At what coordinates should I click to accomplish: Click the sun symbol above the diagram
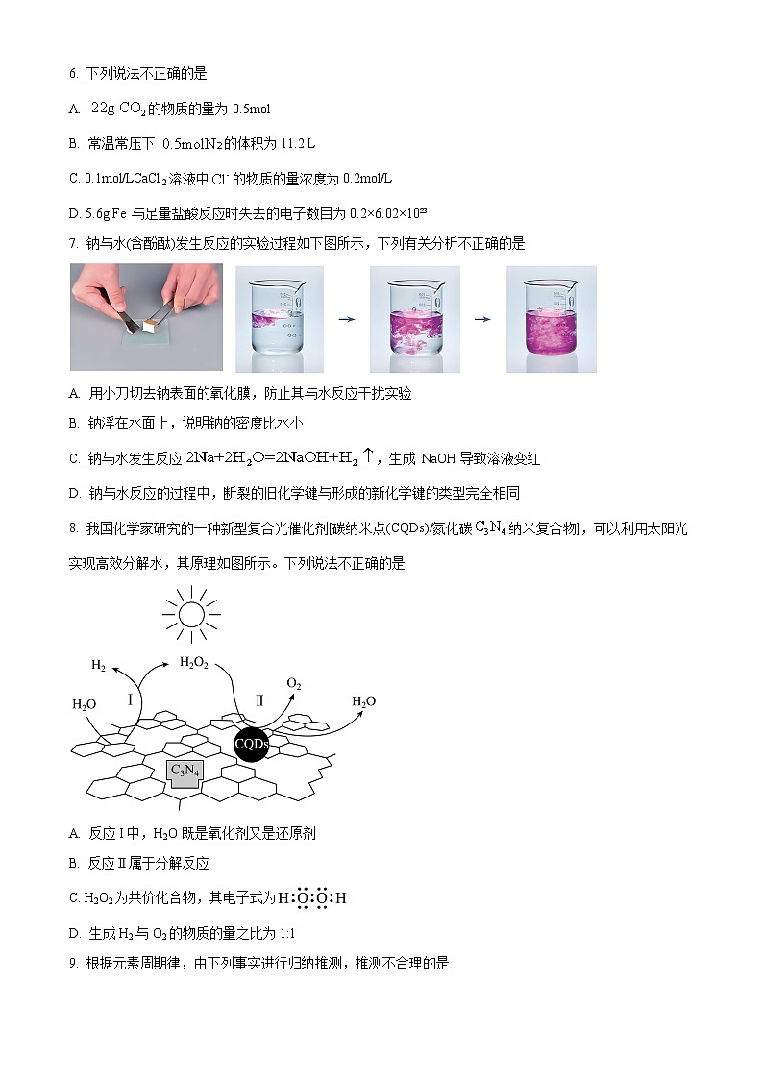(191, 612)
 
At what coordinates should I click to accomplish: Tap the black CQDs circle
(251, 744)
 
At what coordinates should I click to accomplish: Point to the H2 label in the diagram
(98, 665)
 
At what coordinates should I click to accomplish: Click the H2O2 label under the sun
(194, 662)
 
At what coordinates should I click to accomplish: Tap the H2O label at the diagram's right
(363, 701)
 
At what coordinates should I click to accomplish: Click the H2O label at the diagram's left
(85, 704)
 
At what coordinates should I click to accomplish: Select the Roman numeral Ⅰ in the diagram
(130, 700)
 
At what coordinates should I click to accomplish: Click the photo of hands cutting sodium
(146, 318)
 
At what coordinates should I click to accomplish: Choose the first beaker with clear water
(280, 319)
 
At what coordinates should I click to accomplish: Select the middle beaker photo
(414, 319)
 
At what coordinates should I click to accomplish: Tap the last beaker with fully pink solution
(551, 319)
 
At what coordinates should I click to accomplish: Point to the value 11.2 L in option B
(298, 143)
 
